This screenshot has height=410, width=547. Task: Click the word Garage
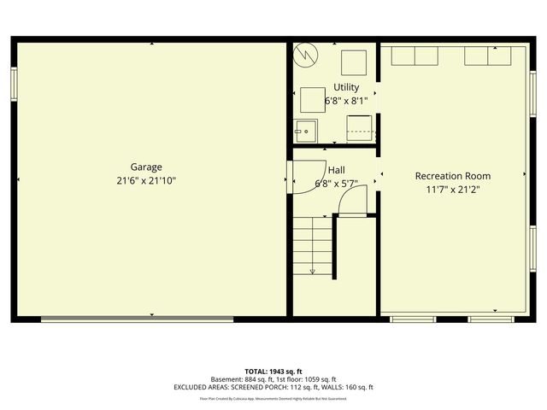point(146,167)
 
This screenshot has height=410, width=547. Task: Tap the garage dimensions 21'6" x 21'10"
point(146,181)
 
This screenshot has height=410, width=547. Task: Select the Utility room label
point(346,87)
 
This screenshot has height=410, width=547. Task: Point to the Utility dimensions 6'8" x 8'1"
point(346,101)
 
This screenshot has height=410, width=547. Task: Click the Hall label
point(335,170)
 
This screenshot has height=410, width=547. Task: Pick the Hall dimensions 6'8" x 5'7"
point(335,184)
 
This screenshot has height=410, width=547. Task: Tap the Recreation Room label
point(453,176)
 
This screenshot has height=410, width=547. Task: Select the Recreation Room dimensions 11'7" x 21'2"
point(453,190)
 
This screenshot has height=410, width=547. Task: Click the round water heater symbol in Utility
point(305,56)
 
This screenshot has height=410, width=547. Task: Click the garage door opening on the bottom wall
point(137,320)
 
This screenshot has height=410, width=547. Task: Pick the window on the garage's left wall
point(14,84)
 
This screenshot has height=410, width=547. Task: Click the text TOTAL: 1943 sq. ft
point(273,372)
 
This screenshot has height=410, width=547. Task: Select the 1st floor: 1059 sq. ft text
point(307,379)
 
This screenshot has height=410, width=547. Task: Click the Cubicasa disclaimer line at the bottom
point(273,398)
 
